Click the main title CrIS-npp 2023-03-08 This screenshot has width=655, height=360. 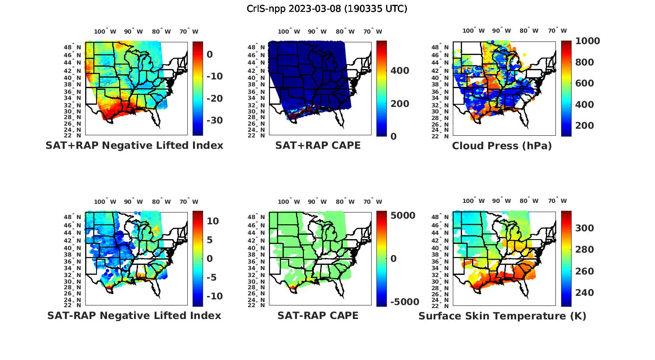coord(327,9)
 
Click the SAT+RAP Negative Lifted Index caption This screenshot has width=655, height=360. coord(134,145)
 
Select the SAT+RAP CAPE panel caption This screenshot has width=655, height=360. coord(318,145)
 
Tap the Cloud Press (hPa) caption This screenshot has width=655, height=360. coord(502,146)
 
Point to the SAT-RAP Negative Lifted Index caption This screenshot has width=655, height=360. coord(134,315)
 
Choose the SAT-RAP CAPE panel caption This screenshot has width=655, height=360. coord(318,315)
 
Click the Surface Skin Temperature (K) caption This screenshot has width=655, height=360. coord(502,316)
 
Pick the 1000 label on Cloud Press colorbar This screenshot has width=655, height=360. coord(587,41)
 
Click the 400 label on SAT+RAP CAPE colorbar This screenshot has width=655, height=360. coord(400,71)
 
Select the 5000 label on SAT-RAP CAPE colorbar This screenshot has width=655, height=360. coord(403,216)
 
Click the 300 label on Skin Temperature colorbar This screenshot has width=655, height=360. coord(584,228)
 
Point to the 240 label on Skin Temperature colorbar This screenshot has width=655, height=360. coord(584,292)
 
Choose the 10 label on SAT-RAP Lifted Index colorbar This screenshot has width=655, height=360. coord(213,221)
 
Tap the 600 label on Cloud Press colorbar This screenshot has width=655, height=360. coord(584,83)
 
